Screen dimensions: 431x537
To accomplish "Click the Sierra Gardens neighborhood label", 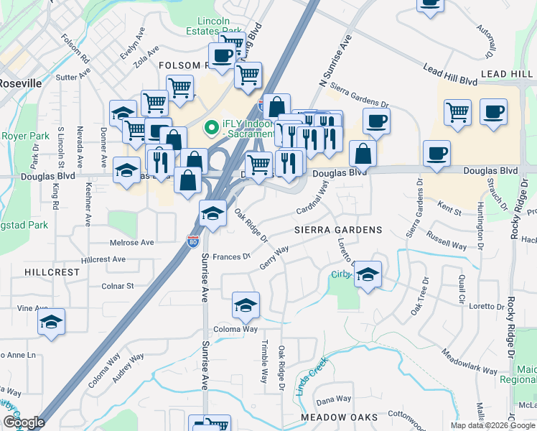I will click(337, 230).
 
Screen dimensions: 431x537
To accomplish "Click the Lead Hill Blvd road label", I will click(450, 70).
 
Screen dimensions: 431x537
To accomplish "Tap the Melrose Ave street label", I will click(131, 243).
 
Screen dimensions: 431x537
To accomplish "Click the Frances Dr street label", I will click(230, 256).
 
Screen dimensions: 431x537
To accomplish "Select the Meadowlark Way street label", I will click(470, 363).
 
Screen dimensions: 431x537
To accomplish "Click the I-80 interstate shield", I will click(192, 242).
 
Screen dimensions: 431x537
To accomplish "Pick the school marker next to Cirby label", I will click(368, 274).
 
